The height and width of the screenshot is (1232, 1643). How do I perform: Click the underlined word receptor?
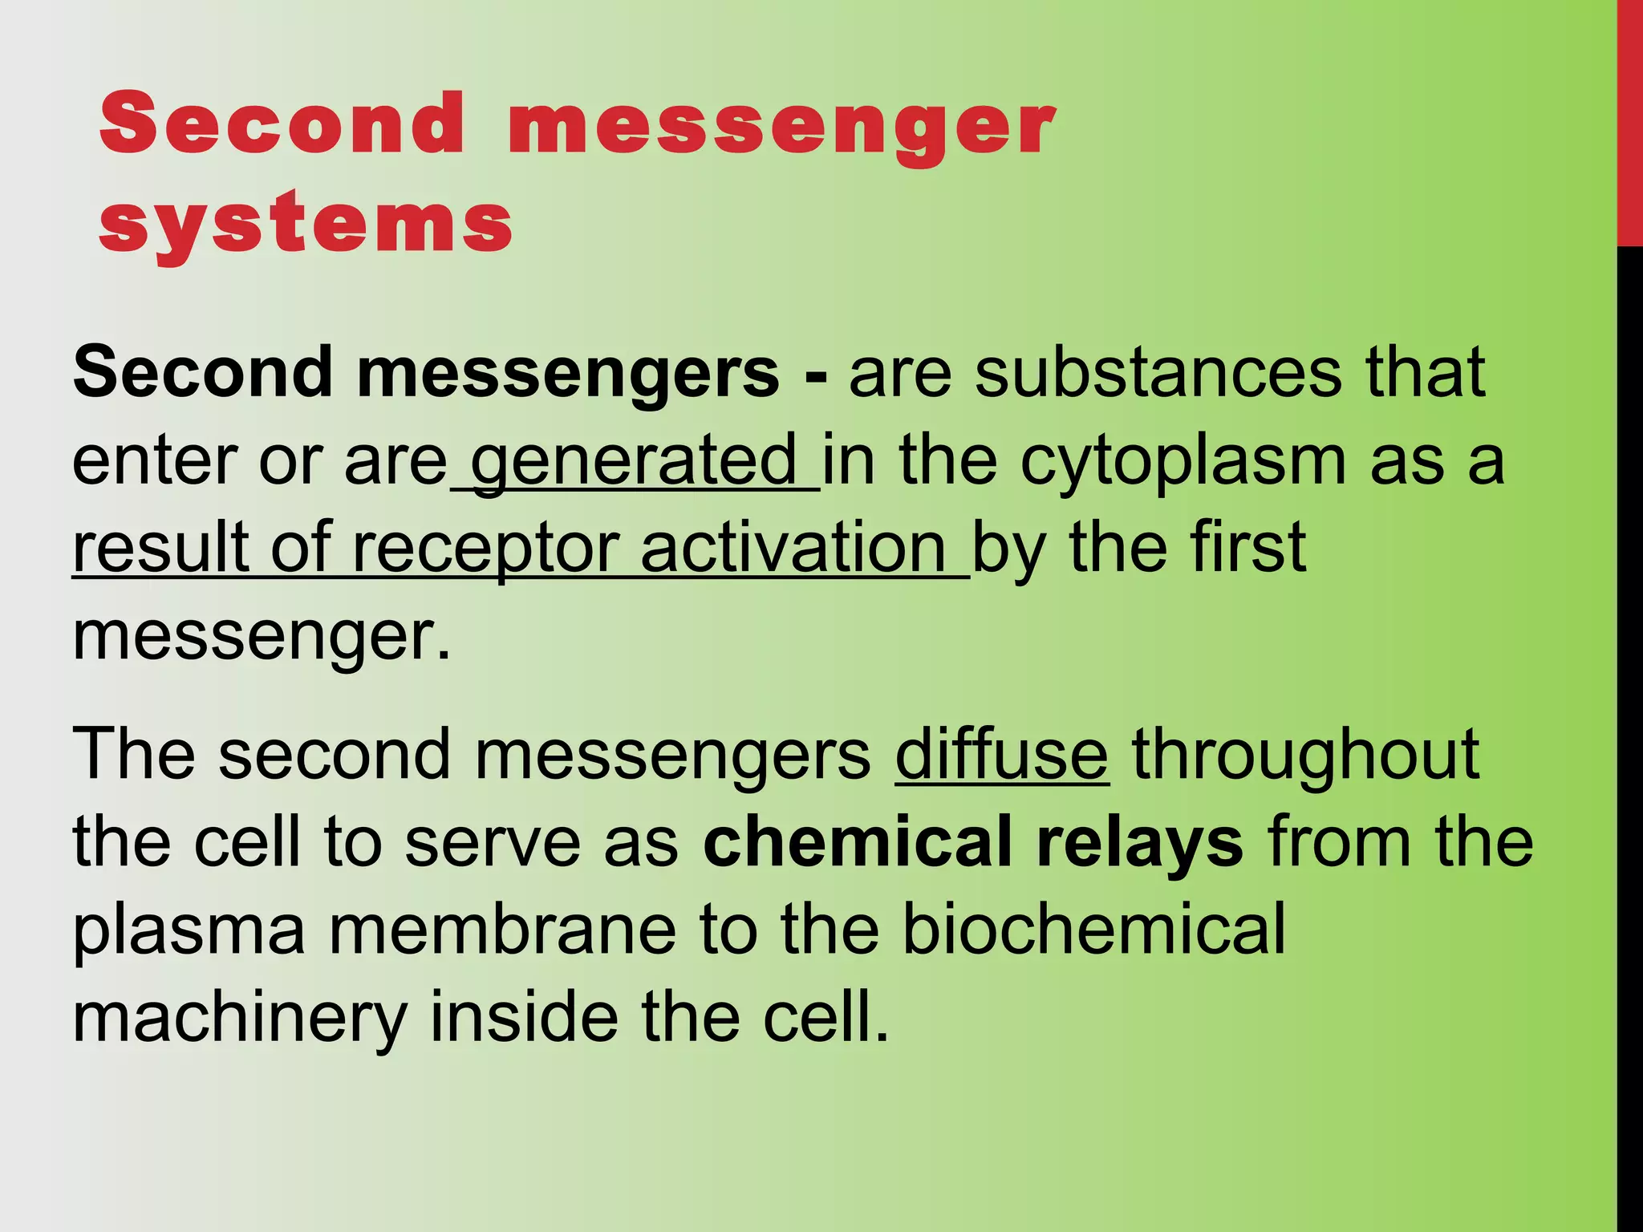(x=485, y=549)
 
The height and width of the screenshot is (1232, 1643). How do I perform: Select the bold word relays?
(x=1140, y=844)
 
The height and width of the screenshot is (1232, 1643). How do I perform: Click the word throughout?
(x=1305, y=756)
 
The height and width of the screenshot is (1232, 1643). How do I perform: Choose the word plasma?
(x=189, y=930)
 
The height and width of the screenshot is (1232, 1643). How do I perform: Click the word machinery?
(x=240, y=1019)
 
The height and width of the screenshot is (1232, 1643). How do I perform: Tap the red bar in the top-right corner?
(x=1629, y=120)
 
